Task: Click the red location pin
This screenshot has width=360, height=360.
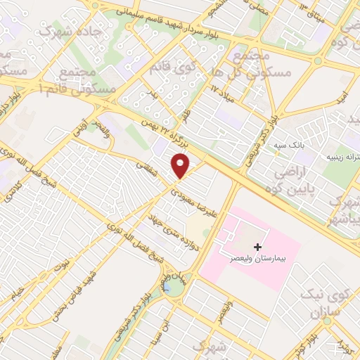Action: click(x=181, y=165)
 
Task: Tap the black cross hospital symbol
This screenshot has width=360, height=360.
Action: click(x=258, y=247)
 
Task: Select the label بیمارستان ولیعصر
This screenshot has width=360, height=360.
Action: click(x=258, y=259)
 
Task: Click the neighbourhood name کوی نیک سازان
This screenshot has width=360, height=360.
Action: click(x=323, y=303)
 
